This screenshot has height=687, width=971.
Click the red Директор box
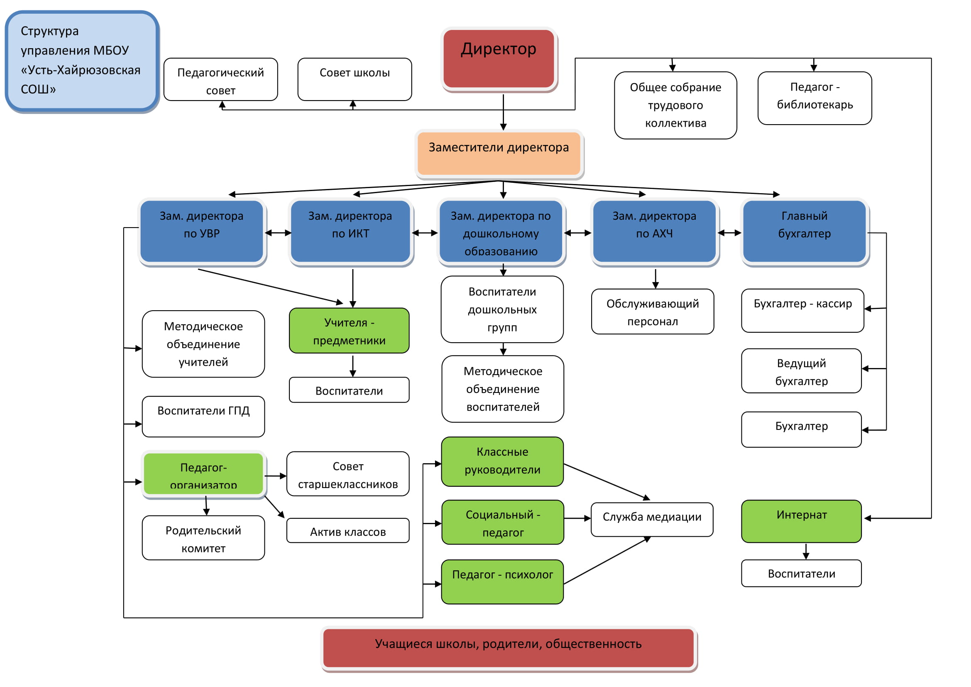pos(499,59)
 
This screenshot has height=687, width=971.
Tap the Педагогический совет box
pos(221,79)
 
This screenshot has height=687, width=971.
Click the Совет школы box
pos(355,79)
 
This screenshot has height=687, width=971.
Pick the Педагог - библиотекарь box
pos(815,98)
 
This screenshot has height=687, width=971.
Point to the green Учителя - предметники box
pos(349,330)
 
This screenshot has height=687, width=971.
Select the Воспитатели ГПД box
pos(203,417)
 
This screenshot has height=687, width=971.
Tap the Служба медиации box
pos(652,520)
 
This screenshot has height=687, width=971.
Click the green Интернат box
pos(801,521)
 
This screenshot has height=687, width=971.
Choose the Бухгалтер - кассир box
pos(803,311)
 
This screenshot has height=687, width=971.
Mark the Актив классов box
pos(348,530)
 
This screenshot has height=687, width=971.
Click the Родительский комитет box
pos(203,537)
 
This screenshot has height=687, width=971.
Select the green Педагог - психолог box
pos(502,582)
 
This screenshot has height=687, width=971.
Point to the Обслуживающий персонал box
pos(653,312)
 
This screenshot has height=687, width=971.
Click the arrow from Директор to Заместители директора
pos(503,113)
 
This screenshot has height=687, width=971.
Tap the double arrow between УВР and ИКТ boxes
pos(278,233)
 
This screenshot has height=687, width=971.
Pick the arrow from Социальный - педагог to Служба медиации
pos(578,518)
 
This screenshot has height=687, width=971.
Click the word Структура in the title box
pos(49,31)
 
